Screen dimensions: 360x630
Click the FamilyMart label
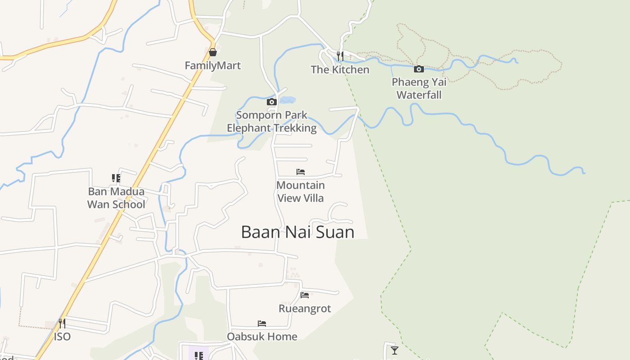[x=213, y=66]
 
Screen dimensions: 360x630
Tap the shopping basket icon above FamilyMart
[x=213, y=53]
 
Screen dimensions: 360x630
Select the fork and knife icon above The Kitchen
[x=340, y=56]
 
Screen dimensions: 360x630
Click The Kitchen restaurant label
[x=340, y=70]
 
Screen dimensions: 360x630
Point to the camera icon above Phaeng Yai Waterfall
[x=419, y=69]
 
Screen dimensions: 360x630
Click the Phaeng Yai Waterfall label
[x=419, y=89]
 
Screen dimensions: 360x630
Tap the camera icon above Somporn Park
[x=271, y=102]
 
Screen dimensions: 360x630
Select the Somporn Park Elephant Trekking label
[x=272, y=121]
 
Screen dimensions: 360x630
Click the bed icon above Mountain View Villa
[x=301, y=172]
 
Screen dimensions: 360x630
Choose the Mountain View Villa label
[x=301, y=192]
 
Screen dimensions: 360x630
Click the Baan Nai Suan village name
[x=298, y=232]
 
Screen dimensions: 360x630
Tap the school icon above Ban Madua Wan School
[x=116, y=178]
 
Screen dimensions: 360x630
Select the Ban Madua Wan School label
[x=116, y=198]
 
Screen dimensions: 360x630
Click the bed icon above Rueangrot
[x=305, y=295]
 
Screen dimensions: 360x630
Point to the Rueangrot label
[x=305, y=309]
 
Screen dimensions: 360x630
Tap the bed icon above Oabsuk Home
[x=262, y=324]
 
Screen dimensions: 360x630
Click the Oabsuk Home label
[x=262, y=337]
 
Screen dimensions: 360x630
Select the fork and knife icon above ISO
[x=62, y=323]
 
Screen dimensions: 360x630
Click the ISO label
[x=62, y=337]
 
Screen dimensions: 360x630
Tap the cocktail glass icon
[x=395, y=350]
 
